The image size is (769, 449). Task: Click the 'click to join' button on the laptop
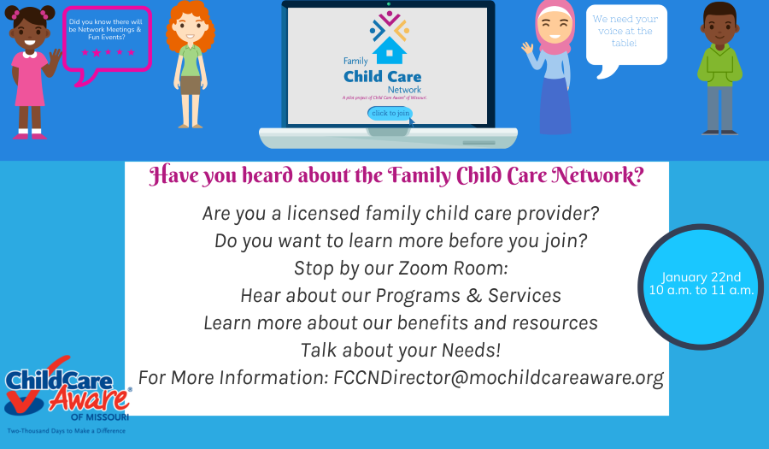[x=390, y=113]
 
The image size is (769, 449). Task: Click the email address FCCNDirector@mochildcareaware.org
[x=498, y=377]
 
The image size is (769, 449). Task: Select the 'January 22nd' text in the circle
[x=701, y=277]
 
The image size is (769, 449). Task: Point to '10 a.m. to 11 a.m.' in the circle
[x=701, y=291]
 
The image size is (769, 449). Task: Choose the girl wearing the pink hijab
[x=555, y=68]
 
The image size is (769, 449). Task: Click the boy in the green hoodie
[x=719, y=68]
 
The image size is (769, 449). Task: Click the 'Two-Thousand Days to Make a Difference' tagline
[x=67, y=430]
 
